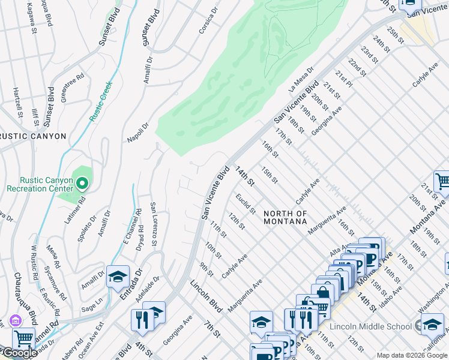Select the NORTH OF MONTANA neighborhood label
point(285,217)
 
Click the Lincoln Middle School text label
point(373,326)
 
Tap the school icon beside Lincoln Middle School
point(432,325)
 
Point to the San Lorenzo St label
point(153,224)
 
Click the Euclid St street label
point(246,203)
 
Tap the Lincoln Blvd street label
point(206,297)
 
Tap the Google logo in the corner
point(20,353)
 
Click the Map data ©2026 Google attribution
point(412,355)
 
